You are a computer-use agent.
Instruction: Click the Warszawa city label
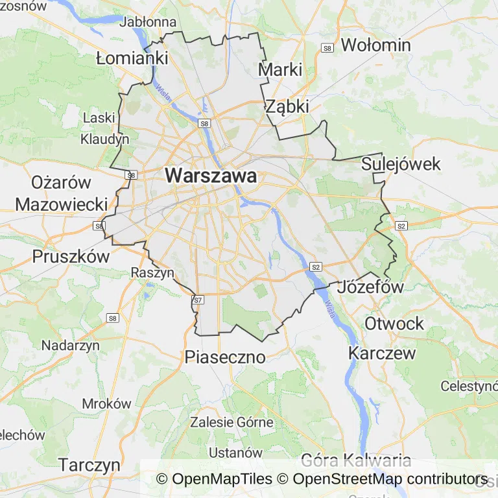pos(211,176)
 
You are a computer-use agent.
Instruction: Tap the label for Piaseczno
pos(225,357)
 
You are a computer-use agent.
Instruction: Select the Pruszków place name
pos(71,256)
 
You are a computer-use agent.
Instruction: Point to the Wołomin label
pos(375,45)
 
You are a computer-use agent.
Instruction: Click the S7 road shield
pos(198,300)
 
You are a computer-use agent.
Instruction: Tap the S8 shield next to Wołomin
pos(328,48)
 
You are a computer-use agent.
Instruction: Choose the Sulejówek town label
pos(401,163)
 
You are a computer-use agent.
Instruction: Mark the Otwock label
pos(394,323)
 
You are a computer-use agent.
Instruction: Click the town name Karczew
pos(382,353)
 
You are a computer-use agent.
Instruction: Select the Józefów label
pos(372,287)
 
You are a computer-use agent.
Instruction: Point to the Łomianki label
pos(132,58)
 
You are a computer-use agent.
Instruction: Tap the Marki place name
pos(280,69)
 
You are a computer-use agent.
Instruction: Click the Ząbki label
pos(287,106)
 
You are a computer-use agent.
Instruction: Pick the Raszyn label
pos(152,272)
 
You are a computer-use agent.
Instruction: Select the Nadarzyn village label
pos(71,345)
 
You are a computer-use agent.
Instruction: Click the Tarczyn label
pos(89,465)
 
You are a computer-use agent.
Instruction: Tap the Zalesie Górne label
pos(231,422)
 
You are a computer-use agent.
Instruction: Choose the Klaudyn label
pos(104,139)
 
